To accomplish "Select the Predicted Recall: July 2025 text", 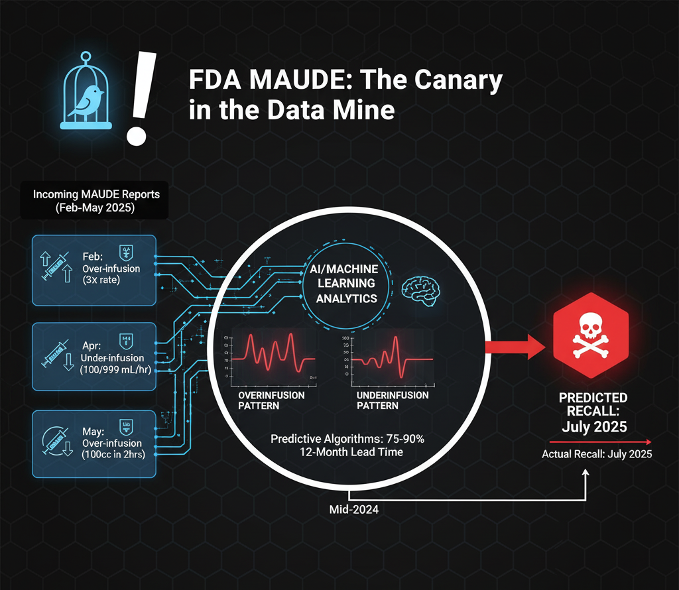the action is [593, 412].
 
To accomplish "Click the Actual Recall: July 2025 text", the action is [597, 455].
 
